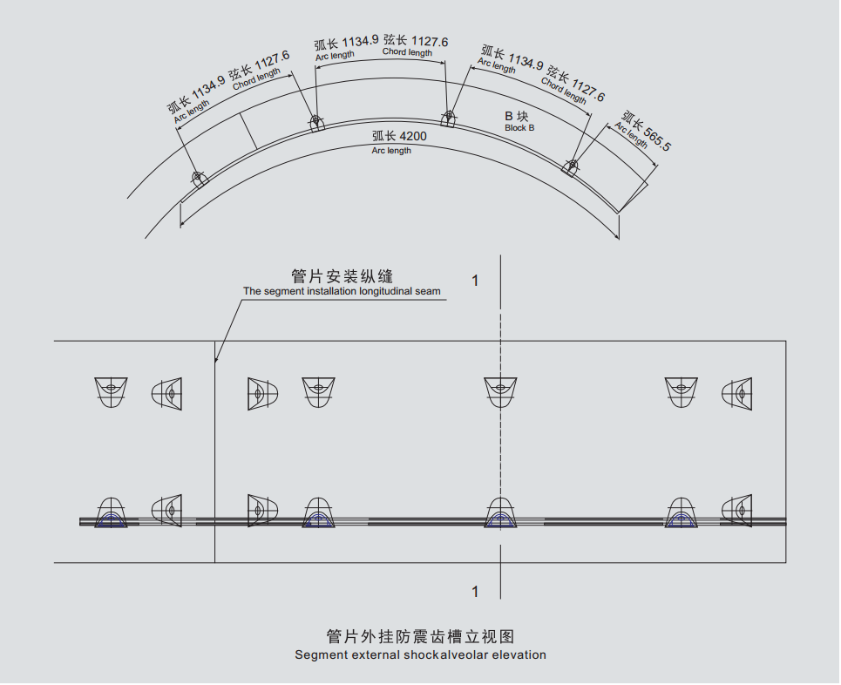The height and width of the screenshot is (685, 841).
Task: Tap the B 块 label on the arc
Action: coord(517,116)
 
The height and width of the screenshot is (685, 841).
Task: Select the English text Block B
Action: coord(519,128)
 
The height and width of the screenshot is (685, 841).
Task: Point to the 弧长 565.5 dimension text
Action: coord(645,130)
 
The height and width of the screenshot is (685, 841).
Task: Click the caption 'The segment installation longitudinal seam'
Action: coord(342,291)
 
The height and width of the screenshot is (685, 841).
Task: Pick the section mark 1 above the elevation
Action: coord(475,281)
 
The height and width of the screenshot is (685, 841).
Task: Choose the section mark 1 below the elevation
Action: coord(475,592)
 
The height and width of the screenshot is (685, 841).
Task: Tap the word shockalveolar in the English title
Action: coord(440,654)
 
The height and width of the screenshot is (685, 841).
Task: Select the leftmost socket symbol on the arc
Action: coord(199,180)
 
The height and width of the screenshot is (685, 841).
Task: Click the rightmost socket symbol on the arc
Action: coord(572,166)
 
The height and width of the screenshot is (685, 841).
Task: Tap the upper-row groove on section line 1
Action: coord(500,390)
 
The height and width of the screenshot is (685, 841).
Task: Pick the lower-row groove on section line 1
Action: coord(500,513)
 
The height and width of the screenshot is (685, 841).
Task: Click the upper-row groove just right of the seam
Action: coord(261,393)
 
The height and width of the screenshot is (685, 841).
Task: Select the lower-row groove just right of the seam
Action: coord(261,511)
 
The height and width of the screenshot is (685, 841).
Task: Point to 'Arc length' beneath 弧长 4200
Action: coord(391,151)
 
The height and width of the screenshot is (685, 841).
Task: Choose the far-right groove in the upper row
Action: coord(737,393)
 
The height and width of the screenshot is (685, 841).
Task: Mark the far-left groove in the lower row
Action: coord(111,513)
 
